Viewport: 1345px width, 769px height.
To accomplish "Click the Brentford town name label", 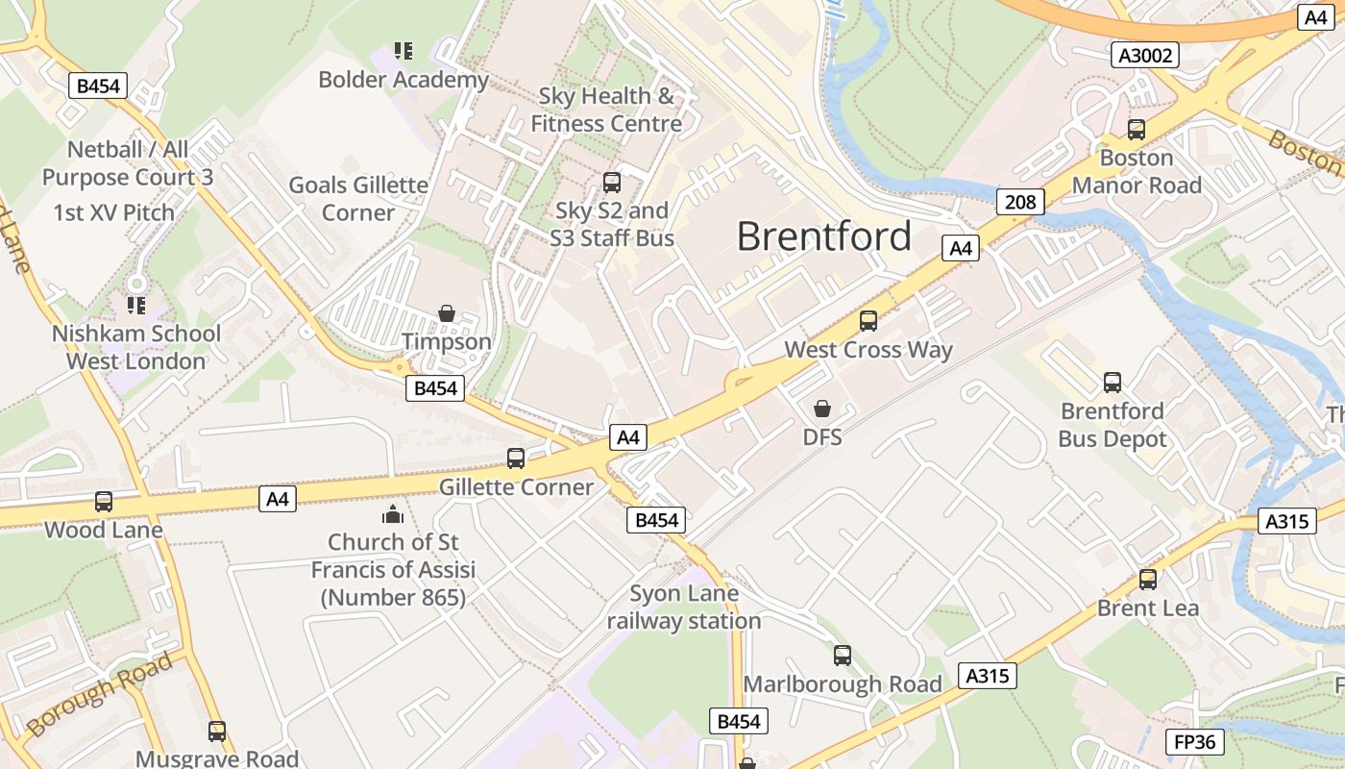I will (x=823, y=236).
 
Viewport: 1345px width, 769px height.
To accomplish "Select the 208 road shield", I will (x=1020, y=202).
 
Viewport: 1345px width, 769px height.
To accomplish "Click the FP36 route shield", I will (x=1195, y=742).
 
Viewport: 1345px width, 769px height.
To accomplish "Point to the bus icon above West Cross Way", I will (x=868, y=321).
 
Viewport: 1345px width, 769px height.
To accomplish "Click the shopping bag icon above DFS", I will (x=821, y=409).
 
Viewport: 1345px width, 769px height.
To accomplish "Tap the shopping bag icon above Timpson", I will (x=446, y=313).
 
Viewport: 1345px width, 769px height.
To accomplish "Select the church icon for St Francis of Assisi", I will (x=393, y=514).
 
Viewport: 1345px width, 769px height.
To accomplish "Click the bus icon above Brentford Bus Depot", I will (x=1113, y=383).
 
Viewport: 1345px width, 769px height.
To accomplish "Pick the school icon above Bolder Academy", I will (x=403, y=51).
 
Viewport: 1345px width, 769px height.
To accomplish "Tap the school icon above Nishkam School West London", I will (x=136, y=306).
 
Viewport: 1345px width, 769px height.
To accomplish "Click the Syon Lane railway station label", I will (x=684, y=608).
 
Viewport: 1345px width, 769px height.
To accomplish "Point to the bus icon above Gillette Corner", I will (x=516, y=459).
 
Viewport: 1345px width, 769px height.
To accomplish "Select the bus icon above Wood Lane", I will (x=104, y=502).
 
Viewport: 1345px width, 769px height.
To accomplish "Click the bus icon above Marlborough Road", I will (x=843, y=656).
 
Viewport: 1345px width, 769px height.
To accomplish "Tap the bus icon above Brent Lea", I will (x=1148, y=580).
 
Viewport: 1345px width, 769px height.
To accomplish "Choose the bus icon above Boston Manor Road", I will (x=1137, y=129).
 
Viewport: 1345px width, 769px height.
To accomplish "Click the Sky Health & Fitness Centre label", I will (x=606, y=110).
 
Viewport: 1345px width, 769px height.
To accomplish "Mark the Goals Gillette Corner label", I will (x=358, y=198).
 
